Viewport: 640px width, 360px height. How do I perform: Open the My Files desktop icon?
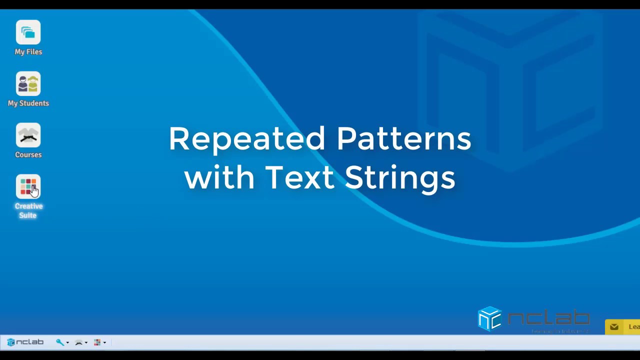pos(28,32)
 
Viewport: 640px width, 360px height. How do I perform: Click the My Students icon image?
pos(28,84)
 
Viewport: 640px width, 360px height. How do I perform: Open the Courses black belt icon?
pos(28,135)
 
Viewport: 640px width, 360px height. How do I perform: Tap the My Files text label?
pos(28,52)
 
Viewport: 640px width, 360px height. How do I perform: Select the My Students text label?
pos(28,103)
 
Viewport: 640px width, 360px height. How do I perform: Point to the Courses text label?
pos(28,155)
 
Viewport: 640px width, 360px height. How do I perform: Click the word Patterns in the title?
pos(404,139)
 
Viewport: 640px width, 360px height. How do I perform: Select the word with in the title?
pos(219,177)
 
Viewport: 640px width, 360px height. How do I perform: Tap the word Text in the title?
pos(299,177)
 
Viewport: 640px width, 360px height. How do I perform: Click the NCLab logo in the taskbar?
pos(25,342)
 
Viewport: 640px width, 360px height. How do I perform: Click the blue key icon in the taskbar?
pos(60,342)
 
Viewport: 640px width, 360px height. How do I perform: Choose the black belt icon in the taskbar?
pos(78,342)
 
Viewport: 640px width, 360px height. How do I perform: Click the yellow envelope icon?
pos(614,327)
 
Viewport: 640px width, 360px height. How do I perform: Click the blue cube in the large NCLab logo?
pos(489,318)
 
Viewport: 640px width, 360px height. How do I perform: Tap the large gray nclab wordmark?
pos(548,318)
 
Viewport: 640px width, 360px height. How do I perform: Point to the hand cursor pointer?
pos(34,191)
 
